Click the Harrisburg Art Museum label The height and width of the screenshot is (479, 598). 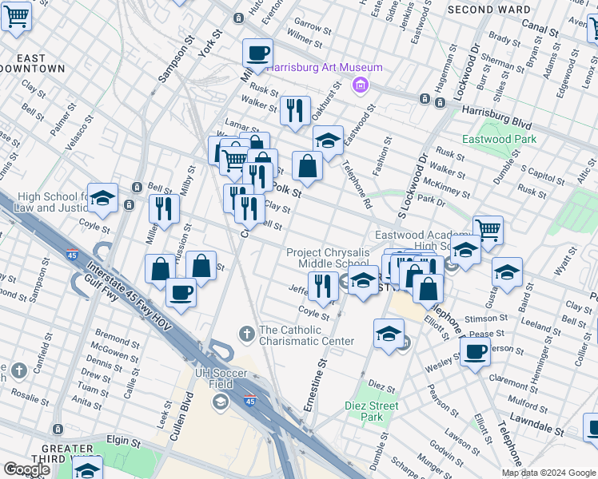pyautogui.click(x=324, y=67)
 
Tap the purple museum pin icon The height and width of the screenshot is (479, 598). pyautogui.click(x=361, y=85)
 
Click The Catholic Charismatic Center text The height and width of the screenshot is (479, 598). pyautogui.click(x=305, y=335)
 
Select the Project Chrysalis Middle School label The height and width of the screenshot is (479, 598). pyautogui.click(x=328, y=258)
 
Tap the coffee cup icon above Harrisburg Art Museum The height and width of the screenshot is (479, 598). pyautogui.click(x=257, y=53)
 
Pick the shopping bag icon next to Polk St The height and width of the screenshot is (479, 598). pyautogui.click(x=307, y=166)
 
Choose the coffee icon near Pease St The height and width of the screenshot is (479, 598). pyautogui.click(x=475, y=350)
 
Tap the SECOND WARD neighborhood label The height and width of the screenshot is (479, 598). pyautogui.click(x=488, y=10)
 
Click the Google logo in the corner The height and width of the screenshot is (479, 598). pyautogui.click(x=26, y=469)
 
